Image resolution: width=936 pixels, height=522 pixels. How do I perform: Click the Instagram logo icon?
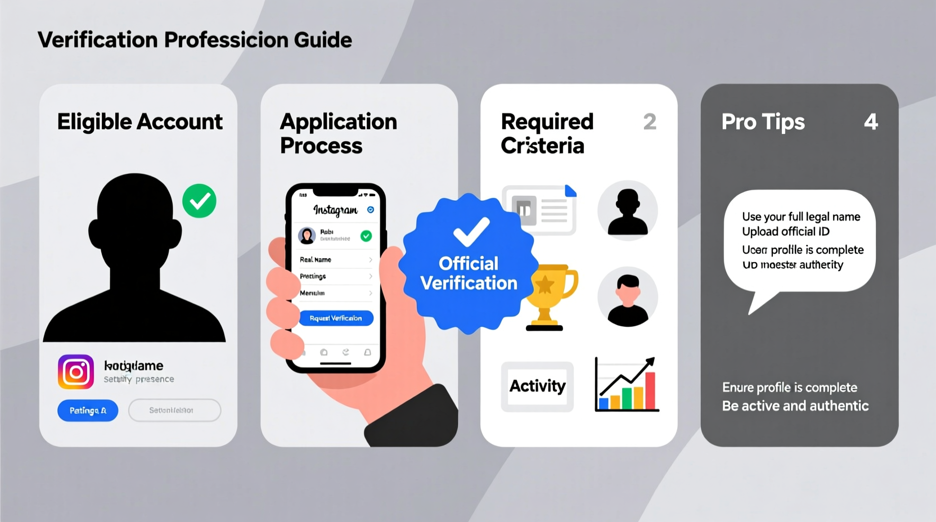pos(76,372)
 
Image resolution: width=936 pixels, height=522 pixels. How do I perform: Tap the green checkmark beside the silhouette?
pos(199,201)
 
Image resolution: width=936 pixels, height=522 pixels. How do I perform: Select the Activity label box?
pos(537,386)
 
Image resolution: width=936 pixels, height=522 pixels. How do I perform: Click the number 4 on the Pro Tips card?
pos(871,122)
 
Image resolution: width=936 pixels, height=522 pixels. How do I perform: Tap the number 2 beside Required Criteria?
pos(650,122)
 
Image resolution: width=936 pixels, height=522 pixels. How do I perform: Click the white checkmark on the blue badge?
pos(471,231)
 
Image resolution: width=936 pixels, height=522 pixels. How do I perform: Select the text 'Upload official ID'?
pos(785,232)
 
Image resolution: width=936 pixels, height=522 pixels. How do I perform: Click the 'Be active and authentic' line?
pos(795,406)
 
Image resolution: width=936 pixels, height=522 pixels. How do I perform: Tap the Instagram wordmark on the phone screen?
pos(335,210)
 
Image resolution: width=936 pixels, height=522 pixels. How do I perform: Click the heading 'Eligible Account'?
pos(139,122)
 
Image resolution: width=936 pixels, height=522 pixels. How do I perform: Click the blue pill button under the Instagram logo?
pos(88,411)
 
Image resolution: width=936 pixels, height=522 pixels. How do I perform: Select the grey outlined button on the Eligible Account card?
pos(174,411)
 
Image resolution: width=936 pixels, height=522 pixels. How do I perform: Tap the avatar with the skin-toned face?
pos(627,297)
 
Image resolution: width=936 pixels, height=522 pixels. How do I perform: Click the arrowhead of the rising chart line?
pos(651,361)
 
